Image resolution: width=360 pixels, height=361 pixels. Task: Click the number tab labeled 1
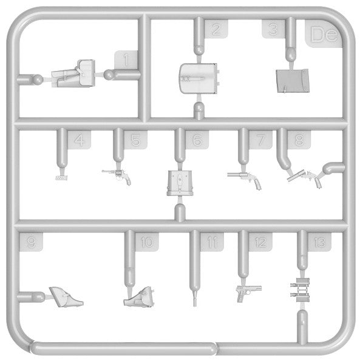126,60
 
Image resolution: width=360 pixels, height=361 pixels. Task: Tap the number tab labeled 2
216,29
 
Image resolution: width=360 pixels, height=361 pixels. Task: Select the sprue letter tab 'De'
324,34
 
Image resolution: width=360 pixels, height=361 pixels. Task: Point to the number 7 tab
260,140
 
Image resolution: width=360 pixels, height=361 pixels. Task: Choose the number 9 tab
32,242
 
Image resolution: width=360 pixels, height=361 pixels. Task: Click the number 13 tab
319,242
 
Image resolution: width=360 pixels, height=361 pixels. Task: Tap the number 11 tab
212,242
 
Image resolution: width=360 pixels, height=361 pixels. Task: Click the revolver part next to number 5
117,177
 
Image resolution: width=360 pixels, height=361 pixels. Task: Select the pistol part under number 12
249,293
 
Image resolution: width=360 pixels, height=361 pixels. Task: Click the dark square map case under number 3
293,81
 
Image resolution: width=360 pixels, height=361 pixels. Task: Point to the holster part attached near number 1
73,73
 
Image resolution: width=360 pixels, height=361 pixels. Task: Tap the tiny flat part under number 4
61,178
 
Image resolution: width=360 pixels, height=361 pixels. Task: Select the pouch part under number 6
180,183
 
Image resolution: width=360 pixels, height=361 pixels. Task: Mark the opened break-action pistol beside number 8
305,178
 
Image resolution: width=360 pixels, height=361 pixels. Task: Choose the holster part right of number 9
66,297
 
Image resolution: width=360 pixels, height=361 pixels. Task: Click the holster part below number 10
139,297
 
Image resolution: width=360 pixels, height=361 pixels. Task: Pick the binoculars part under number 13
300,290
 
